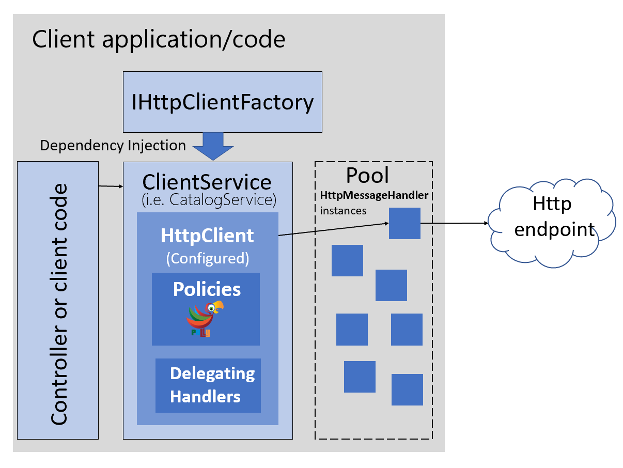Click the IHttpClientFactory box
[222, 102]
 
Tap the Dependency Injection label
[113, 146]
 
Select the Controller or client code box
[58, 300]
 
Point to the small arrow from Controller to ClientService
[111, 185]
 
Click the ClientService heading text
[207, 182]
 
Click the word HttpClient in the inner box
[207, 236]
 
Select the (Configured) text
[207, 258]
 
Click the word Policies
[207, 289]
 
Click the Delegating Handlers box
[208, 385]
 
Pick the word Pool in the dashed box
[367, 176]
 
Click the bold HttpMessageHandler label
[374, 196]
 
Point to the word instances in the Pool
[343, 211]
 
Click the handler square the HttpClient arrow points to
[404, 223]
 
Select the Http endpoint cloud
[551, 224]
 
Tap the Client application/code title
[159, 39]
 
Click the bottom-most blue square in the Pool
[407, 389]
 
